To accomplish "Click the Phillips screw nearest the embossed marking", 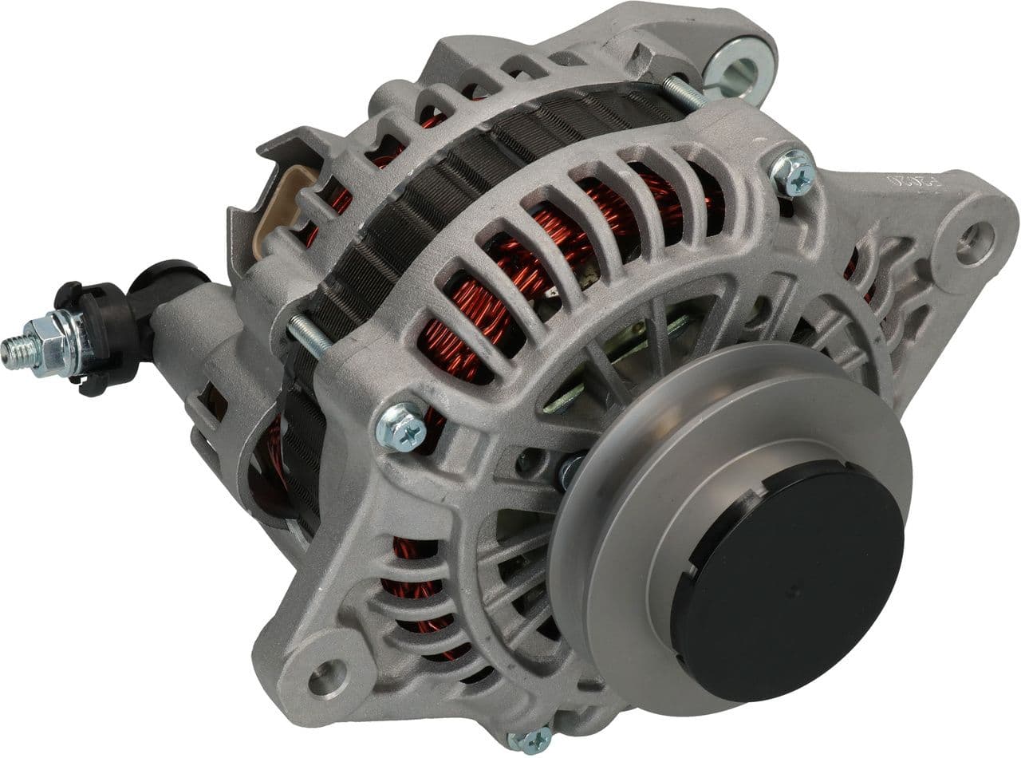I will tap(794, 173).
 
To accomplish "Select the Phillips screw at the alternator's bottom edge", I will tap(530, 740).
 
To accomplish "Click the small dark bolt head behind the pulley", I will tap(570, 471).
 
